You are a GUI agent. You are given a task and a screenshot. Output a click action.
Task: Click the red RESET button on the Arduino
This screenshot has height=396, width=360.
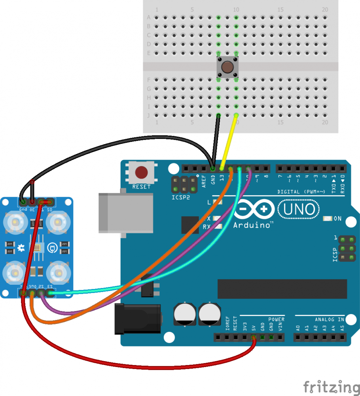[x=141, y=173]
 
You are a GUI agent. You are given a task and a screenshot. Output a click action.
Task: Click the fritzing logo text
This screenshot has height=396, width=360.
[x=332, y=386]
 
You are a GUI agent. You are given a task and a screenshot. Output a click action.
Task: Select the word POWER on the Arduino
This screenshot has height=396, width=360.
[x=276, y=319]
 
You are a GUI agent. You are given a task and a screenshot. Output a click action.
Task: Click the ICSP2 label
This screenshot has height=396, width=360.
[x=180, y=197]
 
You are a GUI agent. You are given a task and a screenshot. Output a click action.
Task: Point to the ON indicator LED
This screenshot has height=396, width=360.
[x=328, y=219]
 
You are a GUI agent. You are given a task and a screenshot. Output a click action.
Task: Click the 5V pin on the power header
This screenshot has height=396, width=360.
[x=254, y=337]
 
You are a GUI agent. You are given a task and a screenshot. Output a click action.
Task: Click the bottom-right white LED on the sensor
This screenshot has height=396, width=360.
[x=58, y=272]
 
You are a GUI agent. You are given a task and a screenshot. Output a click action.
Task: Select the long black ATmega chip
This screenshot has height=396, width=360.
[x=282, y=289]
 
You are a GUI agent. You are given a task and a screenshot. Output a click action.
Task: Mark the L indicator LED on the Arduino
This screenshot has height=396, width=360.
[x=216, y=202]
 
